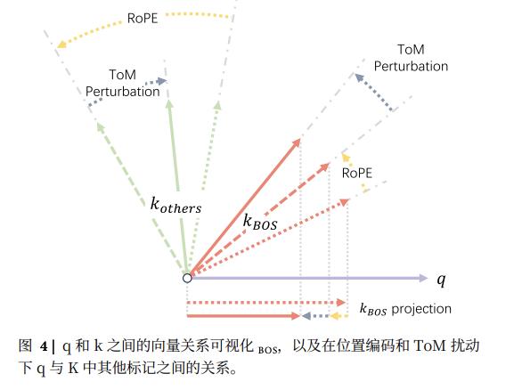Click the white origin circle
[x=187, y=278]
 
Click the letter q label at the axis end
[x=441, y=280]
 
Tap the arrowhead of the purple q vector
[x=423, y=278]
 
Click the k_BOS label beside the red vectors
[x=260, y=222]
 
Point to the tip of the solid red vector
[x=300, y=140]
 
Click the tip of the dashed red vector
[x=330, y=163]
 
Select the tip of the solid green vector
[x=168, y=100]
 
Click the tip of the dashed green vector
[x=97, y=123]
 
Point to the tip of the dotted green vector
[x=218, y=102]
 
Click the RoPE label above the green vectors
[x=143, y=18]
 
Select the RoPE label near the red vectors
[x=357, y=173]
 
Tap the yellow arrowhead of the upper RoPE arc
[x=61, y=45]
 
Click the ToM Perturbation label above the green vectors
[x=123, y=83]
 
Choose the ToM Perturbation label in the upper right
[x=411, y=58]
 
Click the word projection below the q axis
[x=421, y=309]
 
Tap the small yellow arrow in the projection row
[x=338, y=316]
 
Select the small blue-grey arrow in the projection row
[x=314, y=316]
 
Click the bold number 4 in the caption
[x=44, y=346]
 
